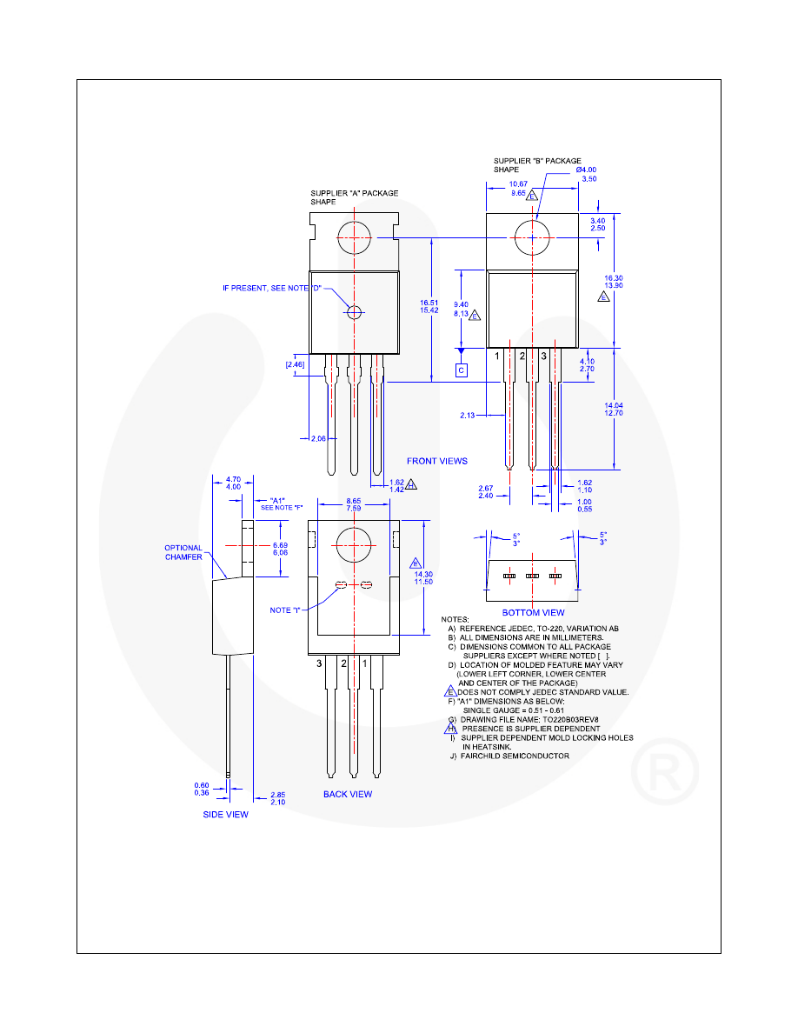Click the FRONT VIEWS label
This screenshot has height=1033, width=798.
tap(437, 461)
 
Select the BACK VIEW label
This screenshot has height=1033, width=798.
tap(348, 794)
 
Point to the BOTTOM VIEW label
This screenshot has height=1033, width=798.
tap(533, 613)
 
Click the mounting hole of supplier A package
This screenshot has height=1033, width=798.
tap(355, 237)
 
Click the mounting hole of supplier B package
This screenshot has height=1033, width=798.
tap(532, 237)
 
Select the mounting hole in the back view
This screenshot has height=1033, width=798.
tap(355, 545)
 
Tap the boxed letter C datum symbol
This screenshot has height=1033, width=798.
tap(462, 370)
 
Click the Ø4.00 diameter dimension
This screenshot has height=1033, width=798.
tap(587, 170)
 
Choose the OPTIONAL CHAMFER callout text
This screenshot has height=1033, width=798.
tap(183, 553)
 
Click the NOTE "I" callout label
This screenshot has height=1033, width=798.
tap(286, 610)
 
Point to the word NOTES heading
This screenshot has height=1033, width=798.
tap(455, 618)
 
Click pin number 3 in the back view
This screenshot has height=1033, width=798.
tap(320, 663)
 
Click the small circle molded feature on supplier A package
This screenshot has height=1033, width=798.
tap(355, 312)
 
